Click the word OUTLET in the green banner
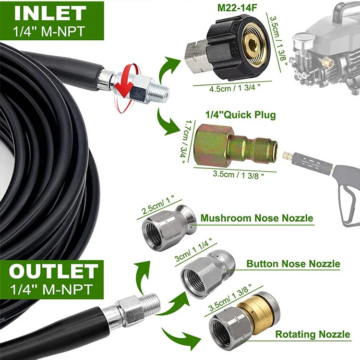(53, 272)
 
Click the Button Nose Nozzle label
(293, 264)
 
